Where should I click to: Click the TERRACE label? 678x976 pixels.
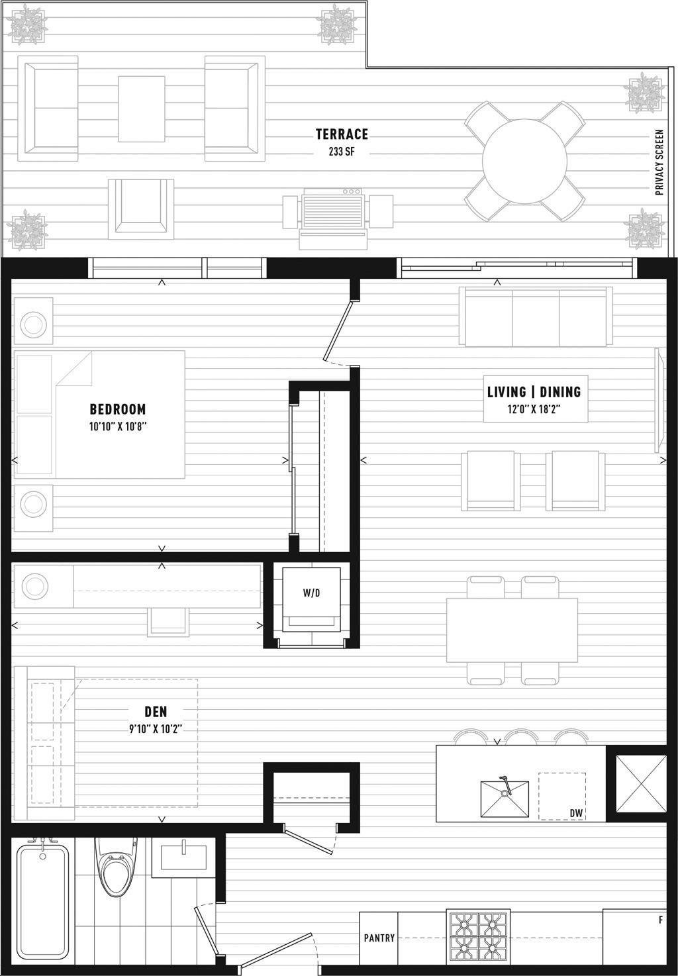click(342, 134)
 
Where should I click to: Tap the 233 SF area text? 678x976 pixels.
click(342, 152)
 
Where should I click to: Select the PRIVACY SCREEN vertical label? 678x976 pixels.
click(659, 162)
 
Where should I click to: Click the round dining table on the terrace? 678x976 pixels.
click(524, 161)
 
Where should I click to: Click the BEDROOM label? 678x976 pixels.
click(118, 409)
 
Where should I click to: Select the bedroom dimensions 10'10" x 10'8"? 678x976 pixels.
click(118, 426)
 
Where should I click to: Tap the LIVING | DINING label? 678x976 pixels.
click(534, 392)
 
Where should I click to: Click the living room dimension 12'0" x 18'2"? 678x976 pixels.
click(534, 409)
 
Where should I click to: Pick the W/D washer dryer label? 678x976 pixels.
click(312, 593)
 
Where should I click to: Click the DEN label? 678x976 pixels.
click(156, 712)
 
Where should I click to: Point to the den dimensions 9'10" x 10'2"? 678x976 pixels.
click(156, 728)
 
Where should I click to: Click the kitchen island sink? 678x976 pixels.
click(505, 799)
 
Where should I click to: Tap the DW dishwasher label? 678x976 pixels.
click(576, 813)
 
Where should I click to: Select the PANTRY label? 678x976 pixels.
click(379, 938)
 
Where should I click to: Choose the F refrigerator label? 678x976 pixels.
click(661, 920)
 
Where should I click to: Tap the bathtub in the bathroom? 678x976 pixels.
click(42, 901)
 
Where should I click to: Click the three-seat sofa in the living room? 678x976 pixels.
click(536, 317)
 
